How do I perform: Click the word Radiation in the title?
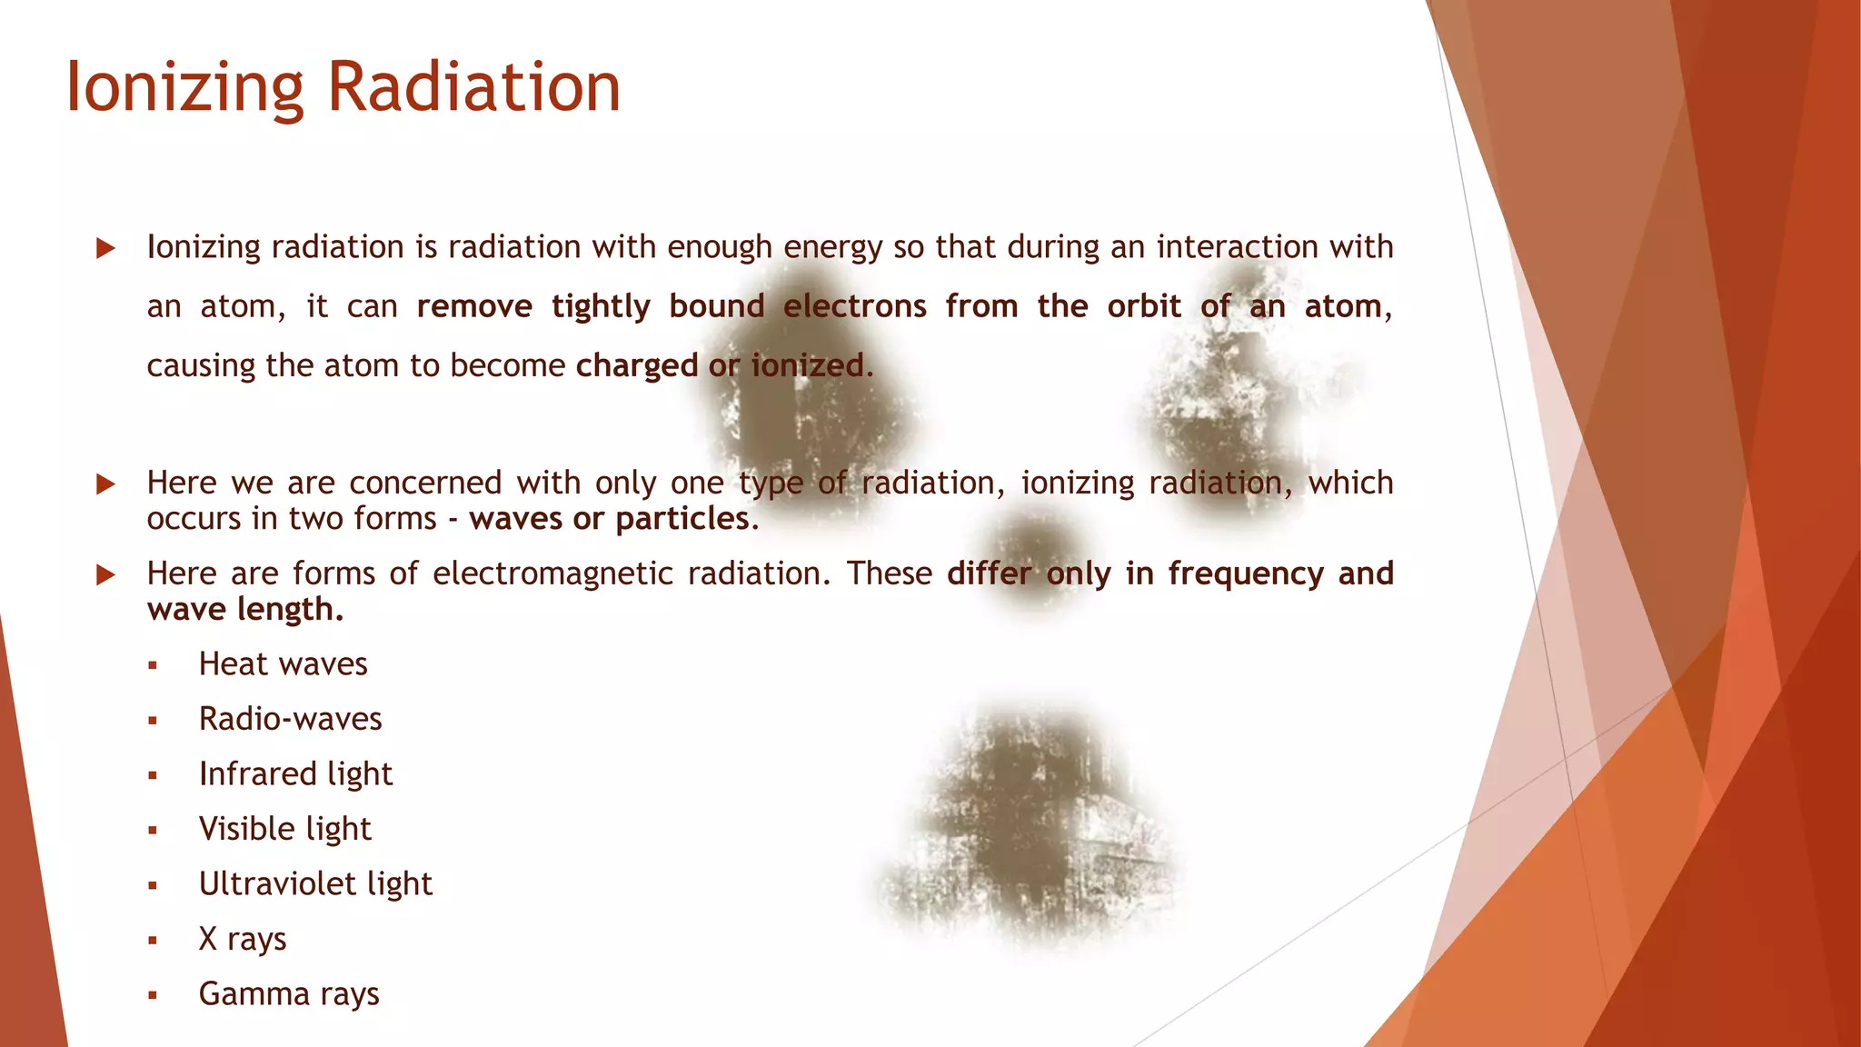473,87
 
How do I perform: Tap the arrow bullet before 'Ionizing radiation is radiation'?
105,248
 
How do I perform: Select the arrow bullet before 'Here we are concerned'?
105,484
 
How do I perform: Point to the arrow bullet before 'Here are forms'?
105,574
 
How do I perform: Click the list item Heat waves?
283,664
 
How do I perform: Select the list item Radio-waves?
290,719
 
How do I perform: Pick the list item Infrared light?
295,774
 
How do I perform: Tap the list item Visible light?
284,829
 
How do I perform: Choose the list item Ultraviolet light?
315,884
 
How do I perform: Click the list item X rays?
242,939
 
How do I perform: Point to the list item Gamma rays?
289,994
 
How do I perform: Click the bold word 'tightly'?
601,307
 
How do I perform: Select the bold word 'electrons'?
854,306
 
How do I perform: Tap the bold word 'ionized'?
807,365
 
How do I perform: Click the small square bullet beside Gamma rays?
153,996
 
